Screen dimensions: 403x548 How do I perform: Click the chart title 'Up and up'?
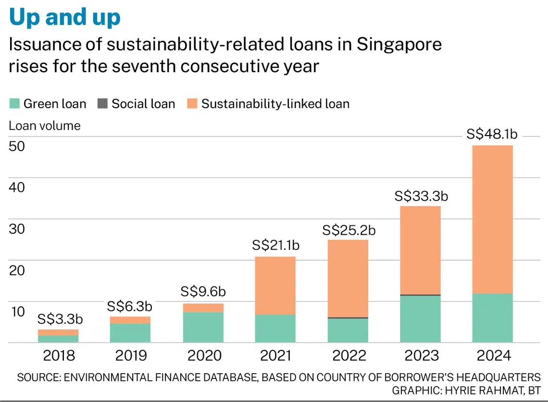click(64, 17)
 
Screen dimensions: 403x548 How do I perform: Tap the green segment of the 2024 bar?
click(493, 318)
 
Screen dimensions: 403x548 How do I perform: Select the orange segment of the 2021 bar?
click(275, 286)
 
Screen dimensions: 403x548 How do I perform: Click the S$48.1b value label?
click(492, 135)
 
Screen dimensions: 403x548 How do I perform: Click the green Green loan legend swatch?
click(14, 103)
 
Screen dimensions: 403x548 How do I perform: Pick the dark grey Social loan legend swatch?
click(102, 103)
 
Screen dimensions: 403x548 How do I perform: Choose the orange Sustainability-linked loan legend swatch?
click(192, 103)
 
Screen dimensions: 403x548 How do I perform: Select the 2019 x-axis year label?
click(131, 355)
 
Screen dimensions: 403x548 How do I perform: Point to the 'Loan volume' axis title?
click(45, 126)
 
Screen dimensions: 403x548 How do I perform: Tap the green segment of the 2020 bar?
click(204, 327)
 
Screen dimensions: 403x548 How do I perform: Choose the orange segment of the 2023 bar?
click(421, 250)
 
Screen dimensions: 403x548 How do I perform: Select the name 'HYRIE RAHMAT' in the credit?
click(490, 390)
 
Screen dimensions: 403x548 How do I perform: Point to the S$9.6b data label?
click(203, 291)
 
